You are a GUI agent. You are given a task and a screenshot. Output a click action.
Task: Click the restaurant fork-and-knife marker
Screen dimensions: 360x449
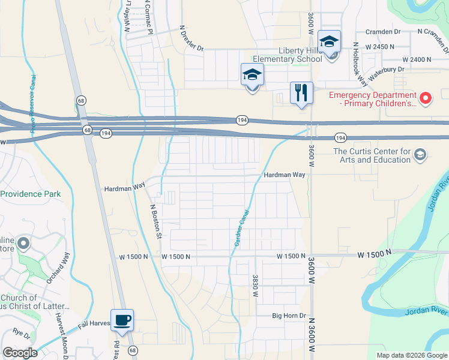click(301, 93)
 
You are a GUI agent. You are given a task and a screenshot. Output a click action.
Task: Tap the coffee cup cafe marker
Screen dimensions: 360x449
click(122, 320)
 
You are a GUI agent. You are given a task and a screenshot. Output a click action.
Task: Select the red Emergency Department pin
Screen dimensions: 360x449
click(426, 97)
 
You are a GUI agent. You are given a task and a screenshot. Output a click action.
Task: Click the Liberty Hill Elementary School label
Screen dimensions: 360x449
click(287, 55)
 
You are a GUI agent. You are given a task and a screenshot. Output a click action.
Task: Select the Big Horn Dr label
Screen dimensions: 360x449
click(289, 315)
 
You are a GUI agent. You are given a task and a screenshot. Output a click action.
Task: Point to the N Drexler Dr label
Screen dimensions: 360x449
click(191, 38)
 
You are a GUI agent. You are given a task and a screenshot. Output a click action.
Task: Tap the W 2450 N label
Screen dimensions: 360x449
click(382, 46)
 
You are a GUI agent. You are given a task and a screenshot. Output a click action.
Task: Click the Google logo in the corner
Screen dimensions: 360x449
click(20, 353)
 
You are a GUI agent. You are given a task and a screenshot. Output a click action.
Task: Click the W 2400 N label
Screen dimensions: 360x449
click(417, 60)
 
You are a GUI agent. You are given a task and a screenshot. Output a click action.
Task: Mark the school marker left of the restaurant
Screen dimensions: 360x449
click(252, 75)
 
